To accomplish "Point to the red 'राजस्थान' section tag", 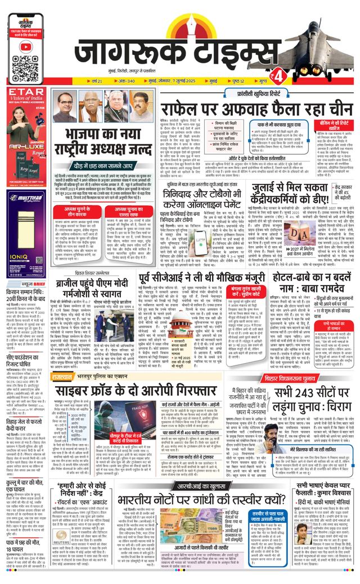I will [x=62, y=376].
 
